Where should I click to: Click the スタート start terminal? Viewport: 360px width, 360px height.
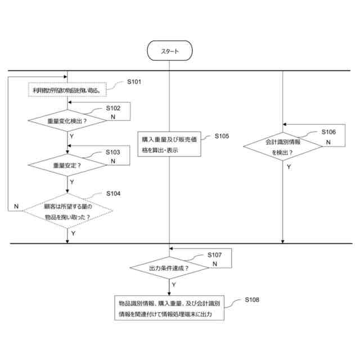(169, 52)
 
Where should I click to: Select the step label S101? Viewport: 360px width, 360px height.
(134, 82)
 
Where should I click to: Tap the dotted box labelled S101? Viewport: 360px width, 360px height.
(67, 90)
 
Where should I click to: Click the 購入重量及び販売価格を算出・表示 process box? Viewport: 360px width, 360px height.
(169, 145)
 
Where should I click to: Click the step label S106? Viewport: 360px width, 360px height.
(328, 132)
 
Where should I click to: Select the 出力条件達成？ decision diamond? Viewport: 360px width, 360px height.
(169, 268)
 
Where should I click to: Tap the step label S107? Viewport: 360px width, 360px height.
(215, 255)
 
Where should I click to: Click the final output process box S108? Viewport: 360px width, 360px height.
(169, 308)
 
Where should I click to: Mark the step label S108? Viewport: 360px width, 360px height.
(252, 300)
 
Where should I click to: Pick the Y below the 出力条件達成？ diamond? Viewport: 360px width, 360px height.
(173, 285)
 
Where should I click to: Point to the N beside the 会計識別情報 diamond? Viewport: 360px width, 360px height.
(328, 143)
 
